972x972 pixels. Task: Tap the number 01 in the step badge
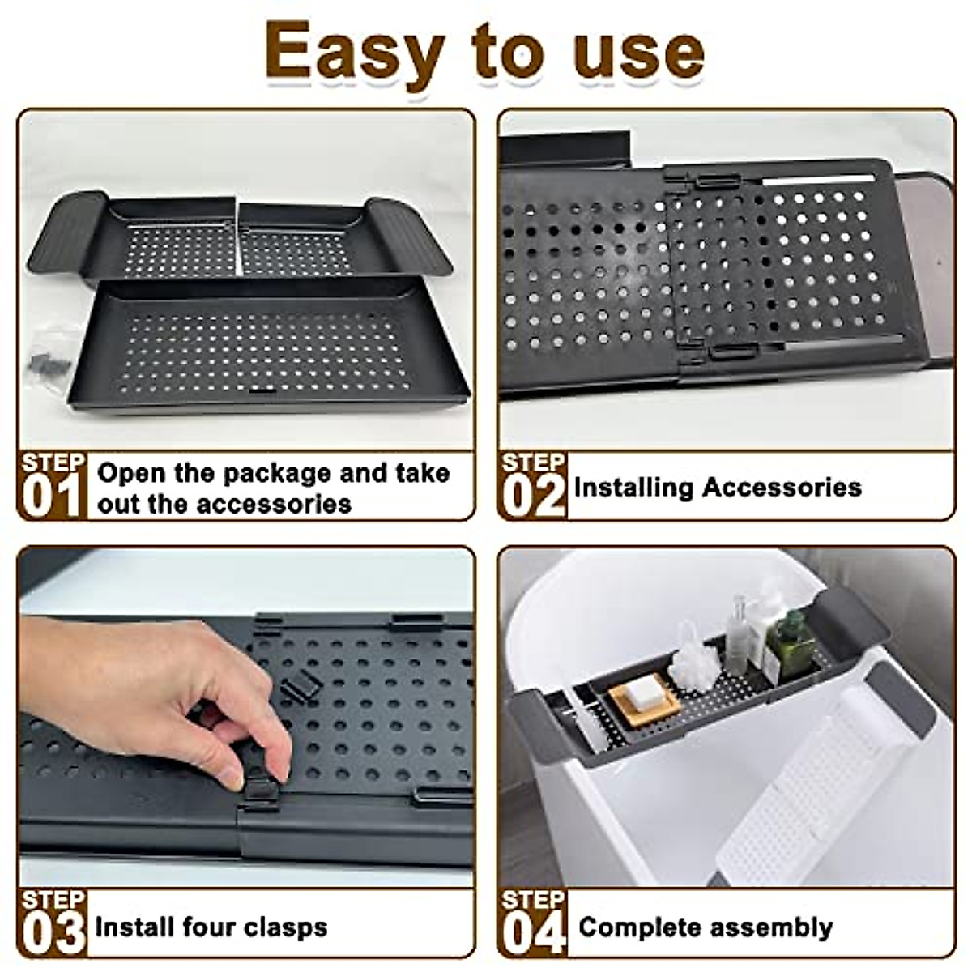(x=52, y=495)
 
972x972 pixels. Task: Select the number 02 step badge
(x=533, y=495)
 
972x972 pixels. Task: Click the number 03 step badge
(x=53, y=933)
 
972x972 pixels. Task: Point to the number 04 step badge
(x=533, y=933)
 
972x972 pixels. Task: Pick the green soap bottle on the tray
(x=790, y=643)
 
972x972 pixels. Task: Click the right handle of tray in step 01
(x=409, y=235)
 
